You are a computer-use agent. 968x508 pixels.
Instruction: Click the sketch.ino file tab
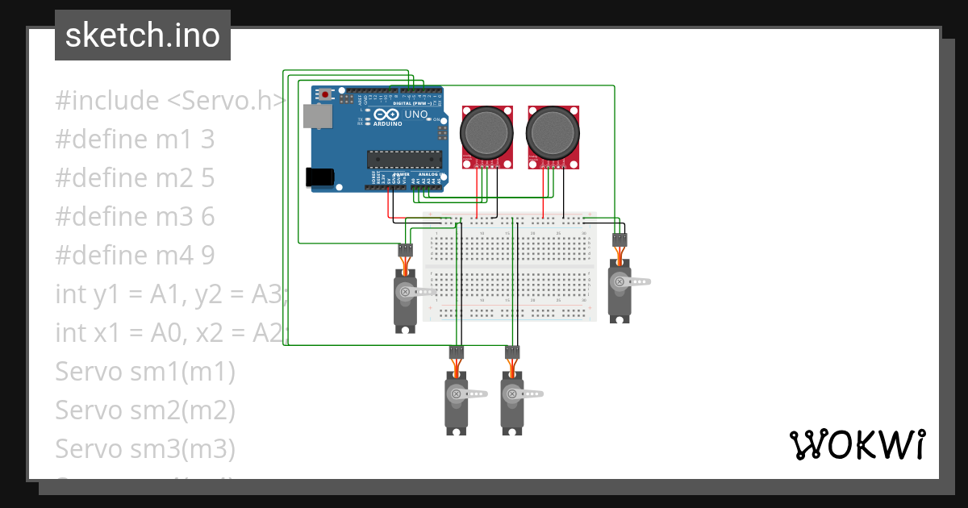(142, 35)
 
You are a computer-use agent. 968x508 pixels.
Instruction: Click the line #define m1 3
(135, 139)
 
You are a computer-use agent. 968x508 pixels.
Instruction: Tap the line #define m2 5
(135, 178)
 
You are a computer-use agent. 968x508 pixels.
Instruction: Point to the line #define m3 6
(135, 217)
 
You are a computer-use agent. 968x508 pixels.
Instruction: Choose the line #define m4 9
(135, 256)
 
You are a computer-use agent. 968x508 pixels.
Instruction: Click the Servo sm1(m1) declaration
(145, 372)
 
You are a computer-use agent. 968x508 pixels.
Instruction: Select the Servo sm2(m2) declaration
(145, 410)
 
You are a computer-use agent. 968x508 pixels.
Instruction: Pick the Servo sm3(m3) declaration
(145, 449)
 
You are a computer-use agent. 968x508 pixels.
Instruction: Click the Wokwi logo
(857, 444)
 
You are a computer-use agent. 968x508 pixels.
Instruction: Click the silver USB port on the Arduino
(316, 117)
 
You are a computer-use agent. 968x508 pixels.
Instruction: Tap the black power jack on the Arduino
(320, 177)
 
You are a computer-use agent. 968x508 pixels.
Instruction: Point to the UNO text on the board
(415, 115)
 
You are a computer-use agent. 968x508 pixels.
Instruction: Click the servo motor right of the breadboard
(620, 290)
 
